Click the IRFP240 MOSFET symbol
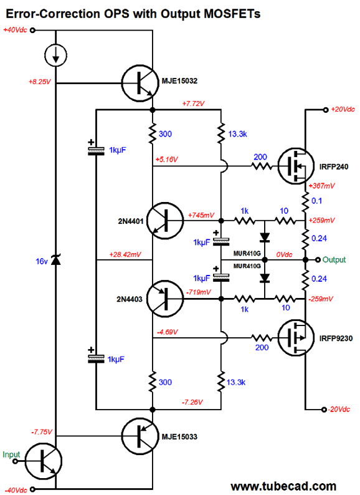tap(293, 166)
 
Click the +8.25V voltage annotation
tap(41, 82)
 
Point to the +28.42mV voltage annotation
tap(125, 254)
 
